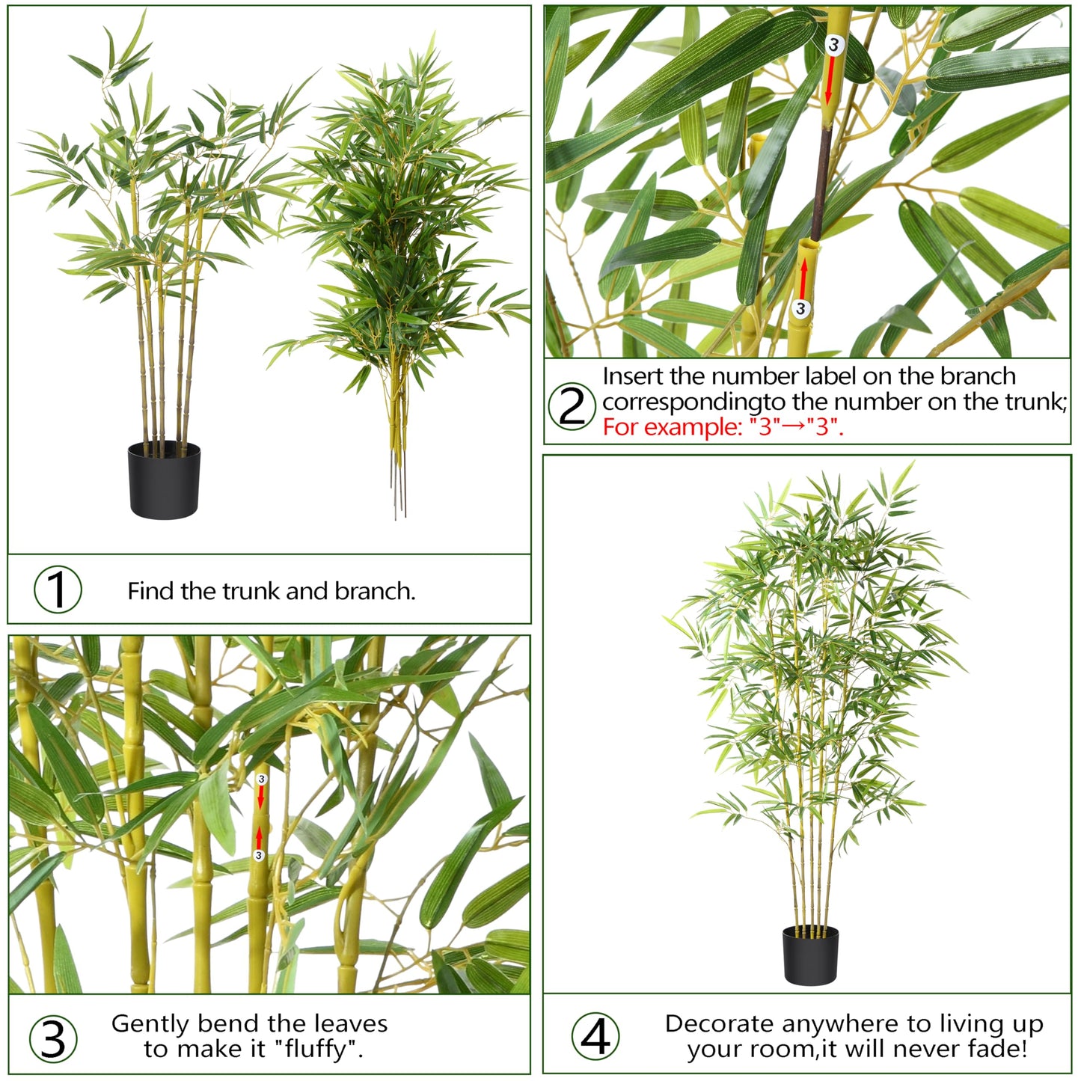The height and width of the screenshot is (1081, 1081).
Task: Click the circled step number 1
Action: (58, 590)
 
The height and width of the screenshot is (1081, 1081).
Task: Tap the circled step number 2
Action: (572, 405)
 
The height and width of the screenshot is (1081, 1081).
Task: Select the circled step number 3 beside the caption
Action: (52, 1039)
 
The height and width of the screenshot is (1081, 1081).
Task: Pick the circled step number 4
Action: (595, 1037)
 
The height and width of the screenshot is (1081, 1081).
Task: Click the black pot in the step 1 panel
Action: (164, 480)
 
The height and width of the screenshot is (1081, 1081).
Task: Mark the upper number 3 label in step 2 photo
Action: (833, 45)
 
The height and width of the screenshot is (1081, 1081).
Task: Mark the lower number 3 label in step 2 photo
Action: (801, 308)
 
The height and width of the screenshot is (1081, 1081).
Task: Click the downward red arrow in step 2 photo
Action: (829, 81)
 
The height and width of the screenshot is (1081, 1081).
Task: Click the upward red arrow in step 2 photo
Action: (803, 278)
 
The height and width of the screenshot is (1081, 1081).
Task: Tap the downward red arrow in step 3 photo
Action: (260, 798)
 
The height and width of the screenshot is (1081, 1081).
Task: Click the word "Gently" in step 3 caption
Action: (150, 1023)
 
